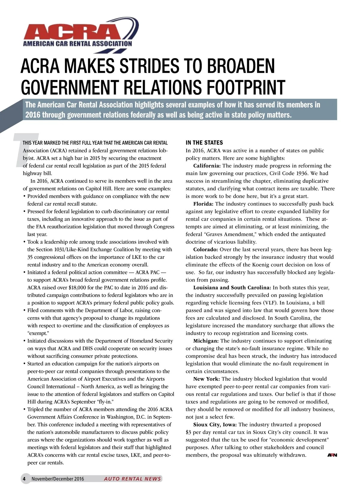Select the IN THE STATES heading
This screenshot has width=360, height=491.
pos(204,143)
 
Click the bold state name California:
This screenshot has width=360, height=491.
pos(207,166)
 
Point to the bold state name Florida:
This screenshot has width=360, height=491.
pos(203,204)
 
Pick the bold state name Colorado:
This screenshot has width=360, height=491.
pos(205,249)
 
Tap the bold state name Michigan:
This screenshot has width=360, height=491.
pos(206,341)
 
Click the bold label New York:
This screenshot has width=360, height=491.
pos(207,379)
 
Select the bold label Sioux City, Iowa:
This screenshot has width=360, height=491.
pos(215,424)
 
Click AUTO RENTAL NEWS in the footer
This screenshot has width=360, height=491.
pos(132,479)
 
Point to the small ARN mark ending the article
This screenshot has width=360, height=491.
pos(332,455)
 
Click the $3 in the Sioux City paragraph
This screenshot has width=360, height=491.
pos(188,432)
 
